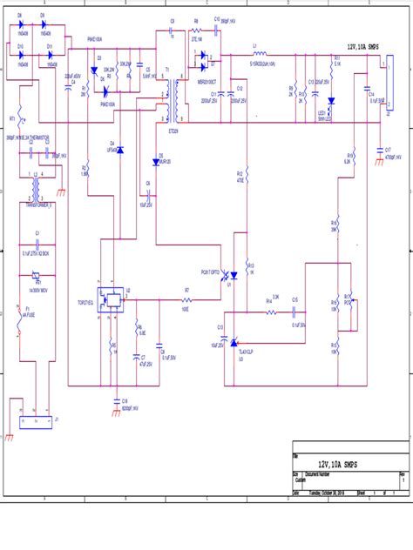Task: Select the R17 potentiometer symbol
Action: coord(349,306)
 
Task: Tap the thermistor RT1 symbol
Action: coord(21,118)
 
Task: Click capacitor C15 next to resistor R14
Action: coord(297,310)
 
